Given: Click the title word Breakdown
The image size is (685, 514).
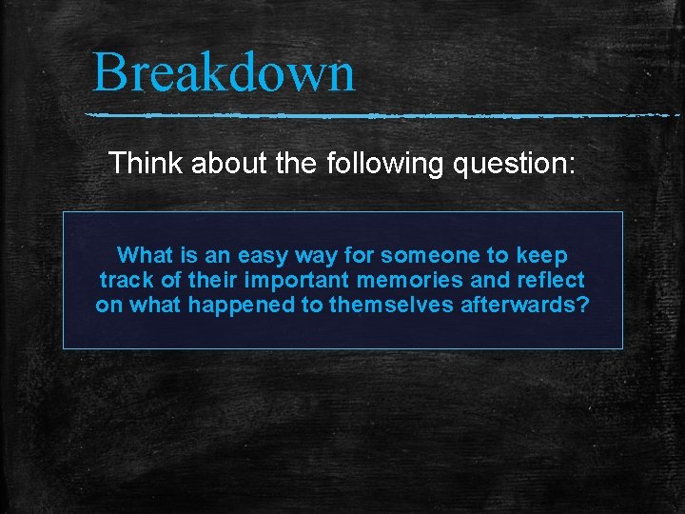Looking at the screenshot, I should point(224,72).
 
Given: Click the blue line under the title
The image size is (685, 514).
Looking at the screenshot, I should point(381,116).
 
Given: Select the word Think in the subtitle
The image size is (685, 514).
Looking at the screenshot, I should point(147,163).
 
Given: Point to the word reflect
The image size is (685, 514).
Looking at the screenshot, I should point(549,281).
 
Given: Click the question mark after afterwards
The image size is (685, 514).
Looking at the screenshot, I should point(583,306).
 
